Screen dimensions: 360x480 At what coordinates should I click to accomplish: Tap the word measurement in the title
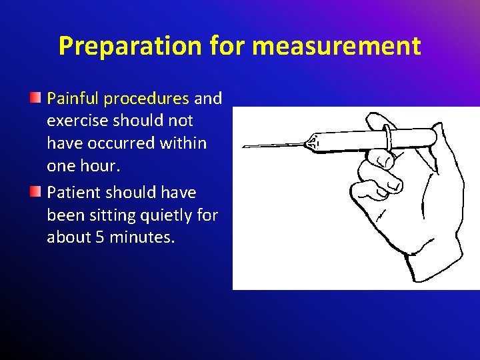(x=337, y=46)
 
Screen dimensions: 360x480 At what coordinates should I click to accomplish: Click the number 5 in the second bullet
(x=99, y=237)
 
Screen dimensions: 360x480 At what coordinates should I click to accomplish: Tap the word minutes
(x=143, y=237)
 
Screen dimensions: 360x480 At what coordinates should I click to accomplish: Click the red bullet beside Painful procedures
(x=36, y=99)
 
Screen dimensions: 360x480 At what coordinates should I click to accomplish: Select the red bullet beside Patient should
(x=36, y=193)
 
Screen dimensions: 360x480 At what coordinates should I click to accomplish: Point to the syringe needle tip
(x=245, y=147)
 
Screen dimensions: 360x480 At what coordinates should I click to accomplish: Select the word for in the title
(x=227, y=46)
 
